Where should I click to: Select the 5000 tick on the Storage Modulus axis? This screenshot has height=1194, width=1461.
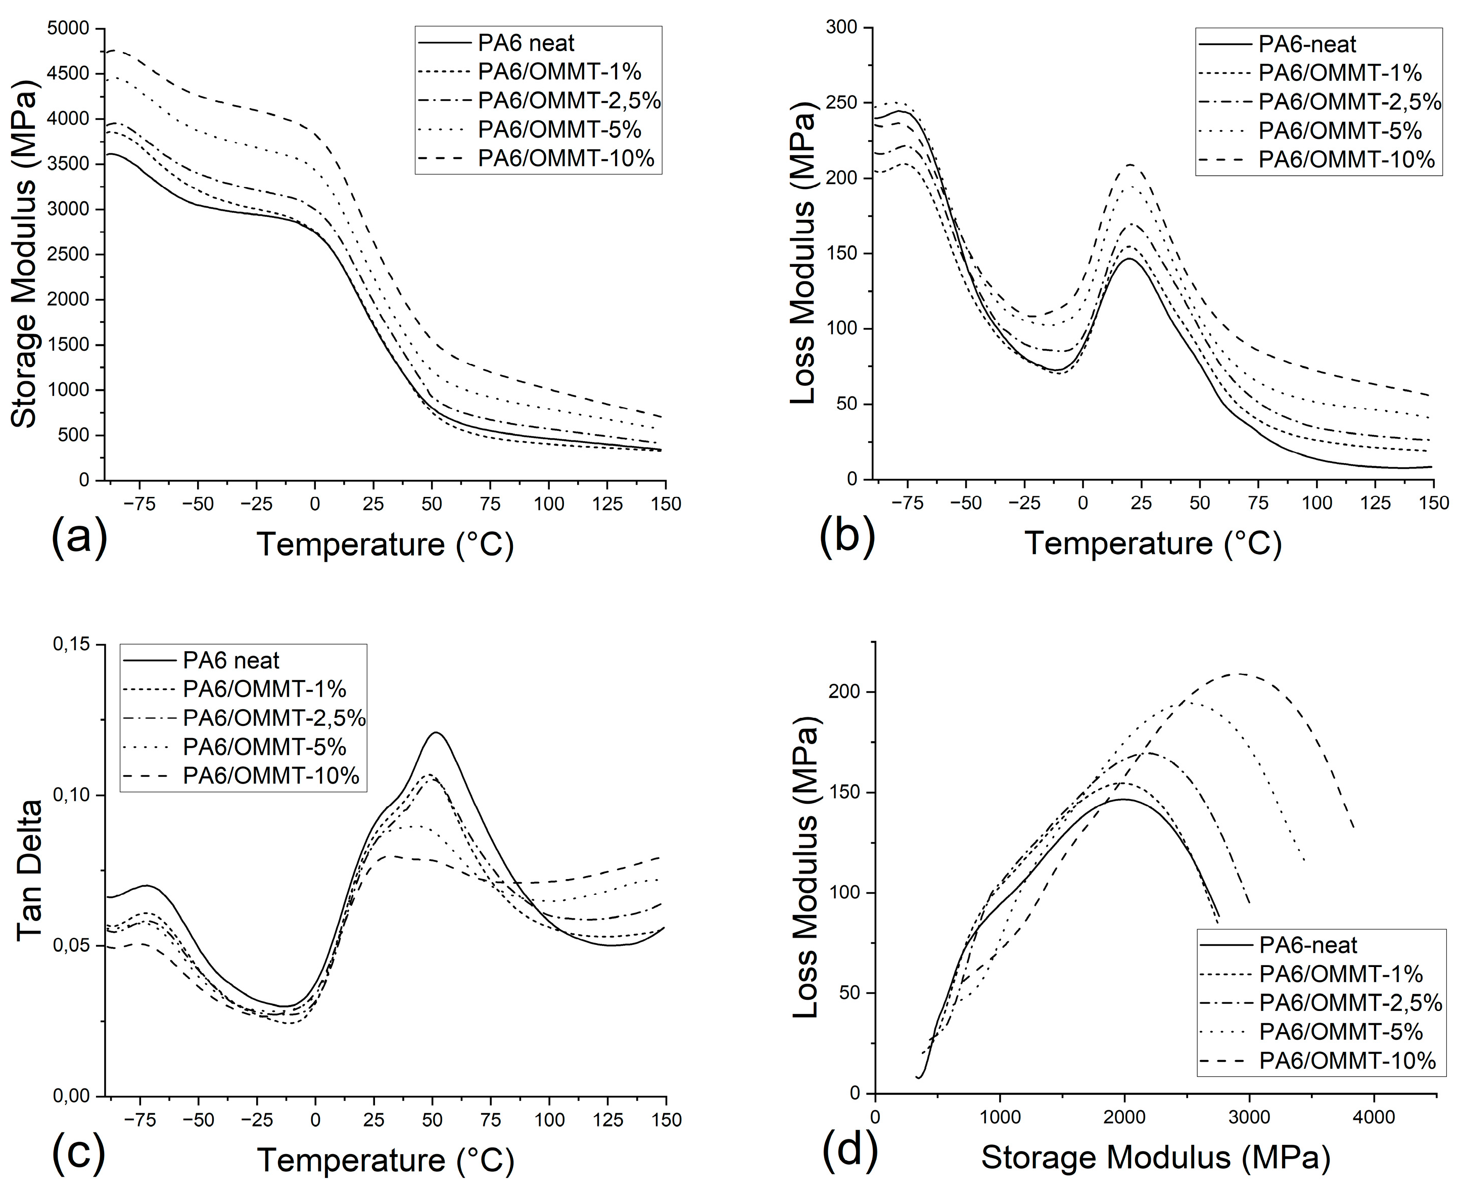(68, 28)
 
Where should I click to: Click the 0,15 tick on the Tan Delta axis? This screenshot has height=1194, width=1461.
(71, 645)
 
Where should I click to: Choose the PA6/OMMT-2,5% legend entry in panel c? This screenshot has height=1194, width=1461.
(273, 718)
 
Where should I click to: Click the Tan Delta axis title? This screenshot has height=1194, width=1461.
(29, 871)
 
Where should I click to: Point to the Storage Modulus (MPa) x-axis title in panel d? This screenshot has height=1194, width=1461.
(1155, 1158)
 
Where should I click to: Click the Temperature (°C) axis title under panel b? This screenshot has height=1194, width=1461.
(1153, 543)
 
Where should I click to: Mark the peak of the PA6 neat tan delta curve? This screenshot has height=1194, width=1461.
(435, 732)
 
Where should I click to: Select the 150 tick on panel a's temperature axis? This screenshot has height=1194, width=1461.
(666, 504)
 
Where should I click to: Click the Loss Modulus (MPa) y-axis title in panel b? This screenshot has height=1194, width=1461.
(803, 258)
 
